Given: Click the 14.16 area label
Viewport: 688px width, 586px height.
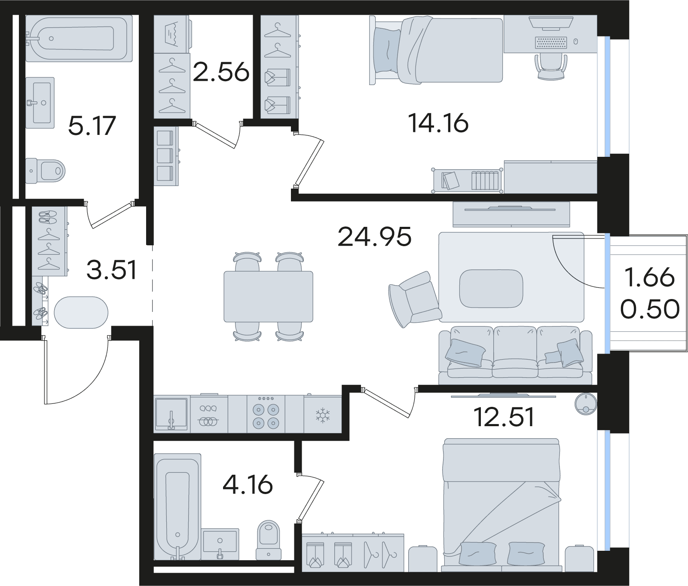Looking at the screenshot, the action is [438, 123].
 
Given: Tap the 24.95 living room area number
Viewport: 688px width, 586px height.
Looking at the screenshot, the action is [375, 237].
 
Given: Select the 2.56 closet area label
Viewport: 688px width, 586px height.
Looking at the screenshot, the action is [221, 72].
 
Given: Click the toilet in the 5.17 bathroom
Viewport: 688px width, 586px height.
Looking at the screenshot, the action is [45, 171].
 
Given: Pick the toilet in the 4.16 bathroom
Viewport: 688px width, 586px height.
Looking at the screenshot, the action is [268, 540].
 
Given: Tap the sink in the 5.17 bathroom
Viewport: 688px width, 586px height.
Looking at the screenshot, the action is [40, 103].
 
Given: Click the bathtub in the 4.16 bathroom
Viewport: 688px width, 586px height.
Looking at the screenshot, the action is [177, 507].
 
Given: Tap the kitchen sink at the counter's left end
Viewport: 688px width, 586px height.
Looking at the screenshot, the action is [171, 414].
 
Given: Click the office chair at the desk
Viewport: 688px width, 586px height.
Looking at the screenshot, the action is [550, 67].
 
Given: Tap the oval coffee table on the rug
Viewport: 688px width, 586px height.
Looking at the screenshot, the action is [491, 288].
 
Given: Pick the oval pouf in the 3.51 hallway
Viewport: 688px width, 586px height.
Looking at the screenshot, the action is [81, 312].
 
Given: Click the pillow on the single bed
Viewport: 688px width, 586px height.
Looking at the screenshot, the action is [386, 50].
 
